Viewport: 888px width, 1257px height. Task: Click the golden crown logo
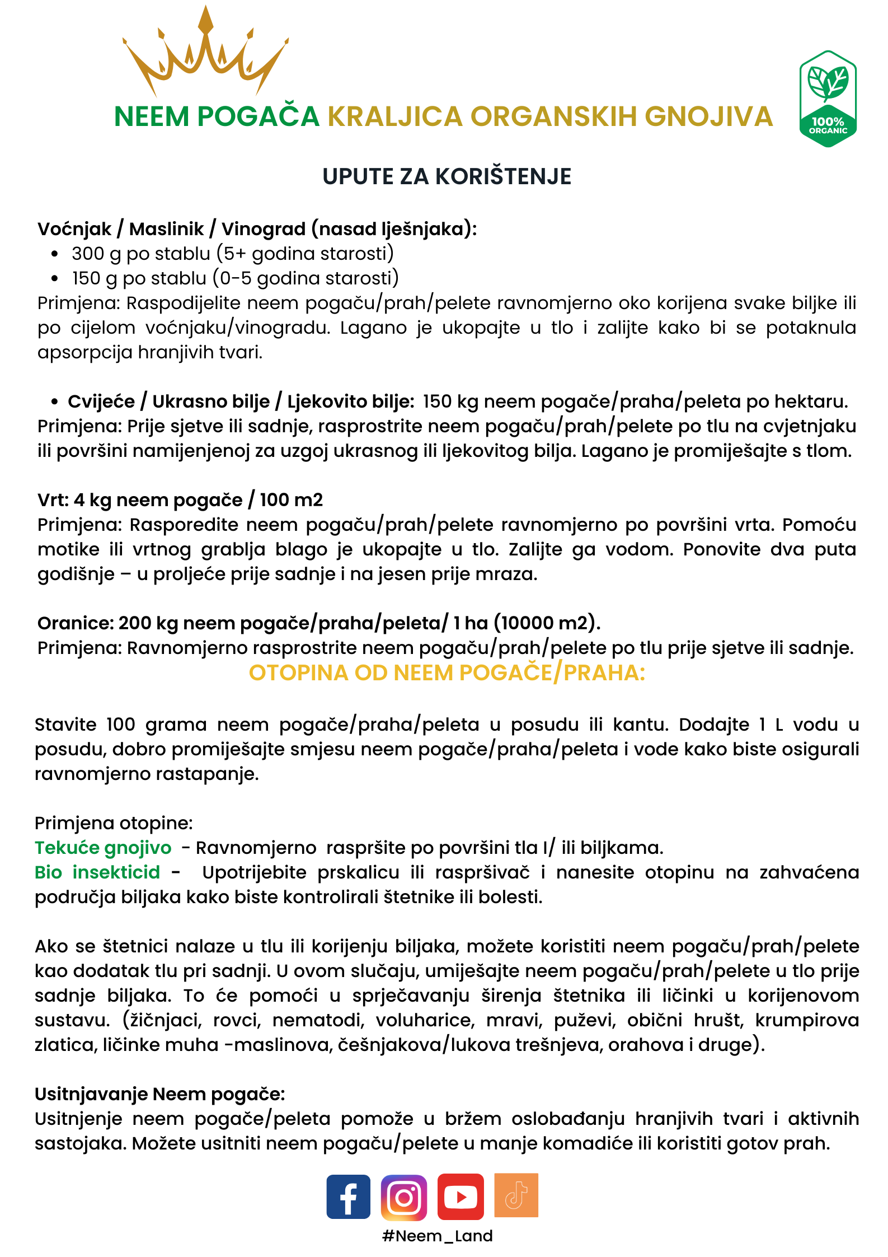point(205,53)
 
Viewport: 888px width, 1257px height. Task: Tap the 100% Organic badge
point(828,99)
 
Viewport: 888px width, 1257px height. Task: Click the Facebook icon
point(348,1197)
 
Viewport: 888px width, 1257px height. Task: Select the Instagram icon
point(404,1197)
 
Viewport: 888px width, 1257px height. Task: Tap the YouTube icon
point(461,1197)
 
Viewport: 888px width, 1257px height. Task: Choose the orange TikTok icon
point(516,1195)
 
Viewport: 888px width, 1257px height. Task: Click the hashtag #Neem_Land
point(438,1236)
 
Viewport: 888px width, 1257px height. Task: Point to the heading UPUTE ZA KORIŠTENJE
point(447,176)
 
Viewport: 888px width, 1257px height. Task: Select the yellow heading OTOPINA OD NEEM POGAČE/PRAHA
point(447,672)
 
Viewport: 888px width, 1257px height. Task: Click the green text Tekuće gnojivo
point(103,848)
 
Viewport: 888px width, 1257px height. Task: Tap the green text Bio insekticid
point(97,872)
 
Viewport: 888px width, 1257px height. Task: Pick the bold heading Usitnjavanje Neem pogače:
point(160,1094)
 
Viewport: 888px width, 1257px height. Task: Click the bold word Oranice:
point(76,623)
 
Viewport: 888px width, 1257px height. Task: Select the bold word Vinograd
point(264,229)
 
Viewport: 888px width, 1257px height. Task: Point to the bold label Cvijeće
point(101,401)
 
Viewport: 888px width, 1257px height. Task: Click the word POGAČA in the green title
point(258,116)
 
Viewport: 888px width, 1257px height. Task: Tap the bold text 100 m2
point(292,500)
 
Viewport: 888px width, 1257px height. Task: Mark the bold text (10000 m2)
point(551,623)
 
